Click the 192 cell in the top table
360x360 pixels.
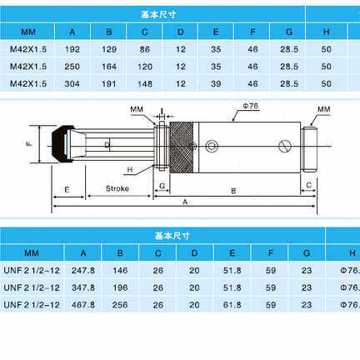click(72, 49)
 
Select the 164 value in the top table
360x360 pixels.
click(109, 67)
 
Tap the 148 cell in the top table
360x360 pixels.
click(145, 83)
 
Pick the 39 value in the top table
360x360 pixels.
click(216, 83)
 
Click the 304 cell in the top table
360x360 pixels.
click(72, 83)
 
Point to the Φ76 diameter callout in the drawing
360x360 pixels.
click(251, 106)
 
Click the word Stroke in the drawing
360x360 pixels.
click(117, 188)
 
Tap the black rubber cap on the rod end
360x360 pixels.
click(62, 144)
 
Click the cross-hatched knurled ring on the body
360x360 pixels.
click(182, 147)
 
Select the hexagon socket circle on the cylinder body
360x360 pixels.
click(212, 146)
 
